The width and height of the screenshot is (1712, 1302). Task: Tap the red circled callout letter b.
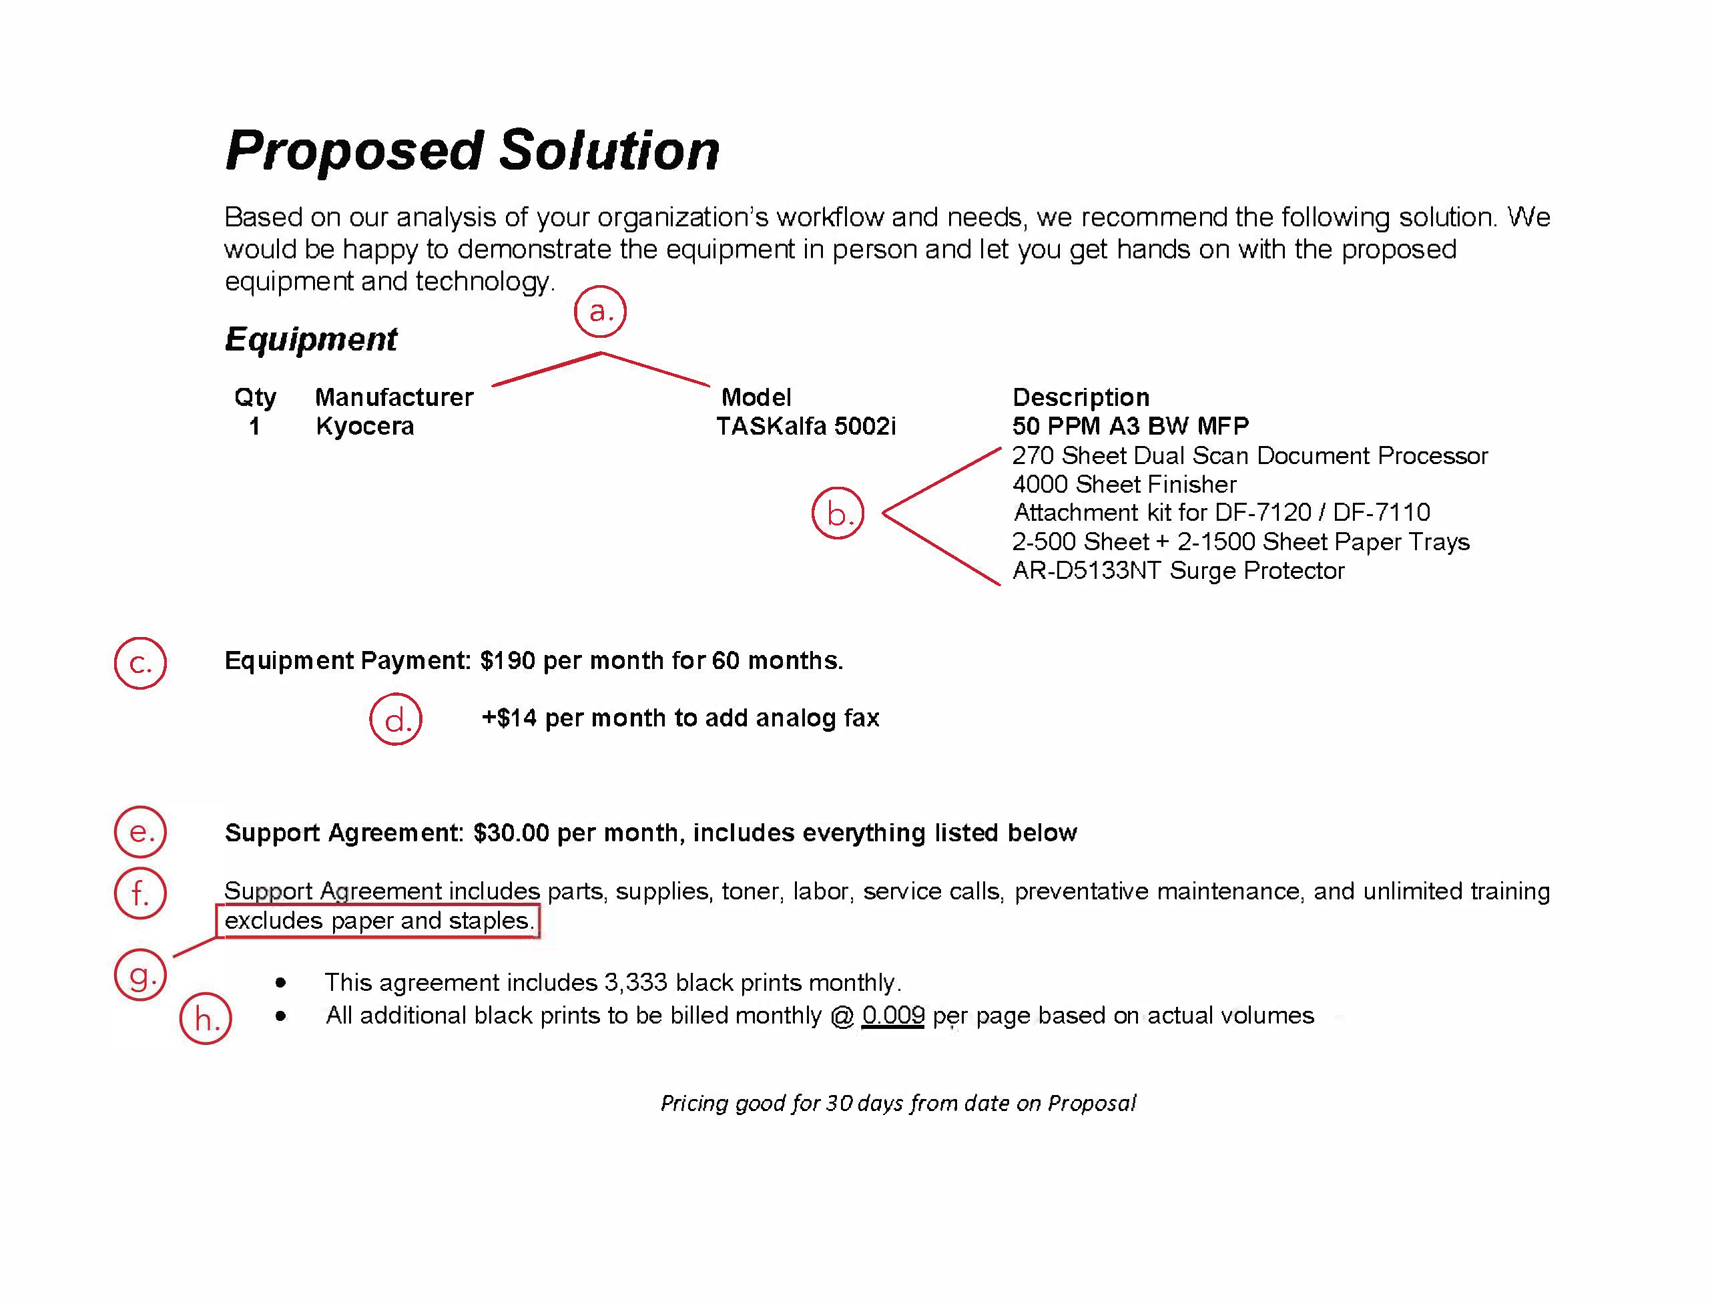[x=838, y=513]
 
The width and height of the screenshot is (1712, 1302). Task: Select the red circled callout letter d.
[x=396, y=720]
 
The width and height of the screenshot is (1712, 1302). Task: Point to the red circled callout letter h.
[x=206, y=1019]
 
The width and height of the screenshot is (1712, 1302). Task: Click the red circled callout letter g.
[x=140, y=975]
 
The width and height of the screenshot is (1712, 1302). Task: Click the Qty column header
[x=255, y=397]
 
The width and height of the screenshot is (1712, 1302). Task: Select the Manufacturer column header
[x=394, y=397]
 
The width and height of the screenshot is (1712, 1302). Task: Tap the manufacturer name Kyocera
[x=365, y=426]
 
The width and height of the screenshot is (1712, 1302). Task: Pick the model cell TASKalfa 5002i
[x=806, y=426]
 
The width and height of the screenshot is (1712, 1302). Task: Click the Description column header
[x=1081, y=397]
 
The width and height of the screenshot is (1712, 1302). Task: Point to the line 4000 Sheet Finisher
[x=1124, y=484]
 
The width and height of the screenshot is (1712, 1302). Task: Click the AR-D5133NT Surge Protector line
[x=1178, y=570]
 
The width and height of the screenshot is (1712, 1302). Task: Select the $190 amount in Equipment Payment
[x=507, y=661]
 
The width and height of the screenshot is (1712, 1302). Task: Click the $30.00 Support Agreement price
[x=511, y=833]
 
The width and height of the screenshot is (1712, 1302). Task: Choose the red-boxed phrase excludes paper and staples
[x=379, y=921]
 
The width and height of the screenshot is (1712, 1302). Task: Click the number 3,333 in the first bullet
[x=635, y=983]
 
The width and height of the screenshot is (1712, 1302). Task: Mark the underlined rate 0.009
[x=893, y=1016]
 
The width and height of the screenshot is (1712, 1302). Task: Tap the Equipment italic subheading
[x=310, y=339]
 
